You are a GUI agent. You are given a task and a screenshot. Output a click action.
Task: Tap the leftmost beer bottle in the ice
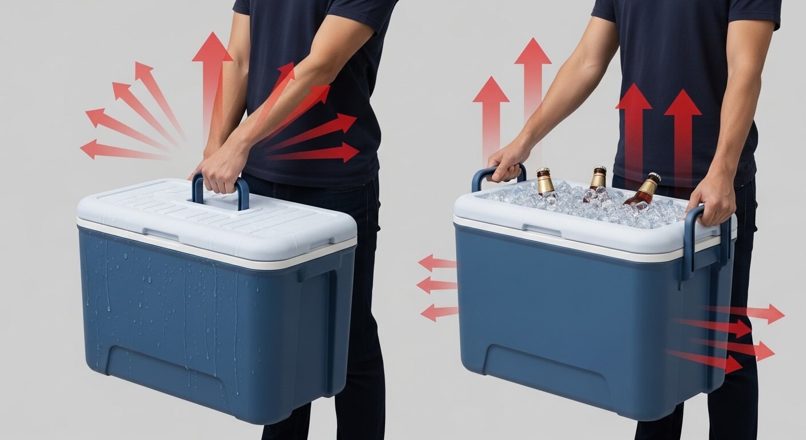(545, 182)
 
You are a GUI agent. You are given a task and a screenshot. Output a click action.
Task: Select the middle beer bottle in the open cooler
(597, 180)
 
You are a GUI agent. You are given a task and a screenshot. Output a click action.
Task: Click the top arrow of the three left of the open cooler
(437, 263)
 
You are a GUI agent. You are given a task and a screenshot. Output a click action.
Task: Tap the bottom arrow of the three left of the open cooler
(439, 312)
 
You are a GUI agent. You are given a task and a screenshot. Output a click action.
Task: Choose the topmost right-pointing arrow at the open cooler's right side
(750, 313)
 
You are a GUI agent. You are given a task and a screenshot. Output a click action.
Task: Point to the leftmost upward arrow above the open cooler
(491, 115)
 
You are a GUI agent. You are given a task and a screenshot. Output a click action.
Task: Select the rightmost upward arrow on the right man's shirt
(683, 132)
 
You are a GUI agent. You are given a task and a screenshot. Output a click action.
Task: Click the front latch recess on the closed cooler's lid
(161, 234)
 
